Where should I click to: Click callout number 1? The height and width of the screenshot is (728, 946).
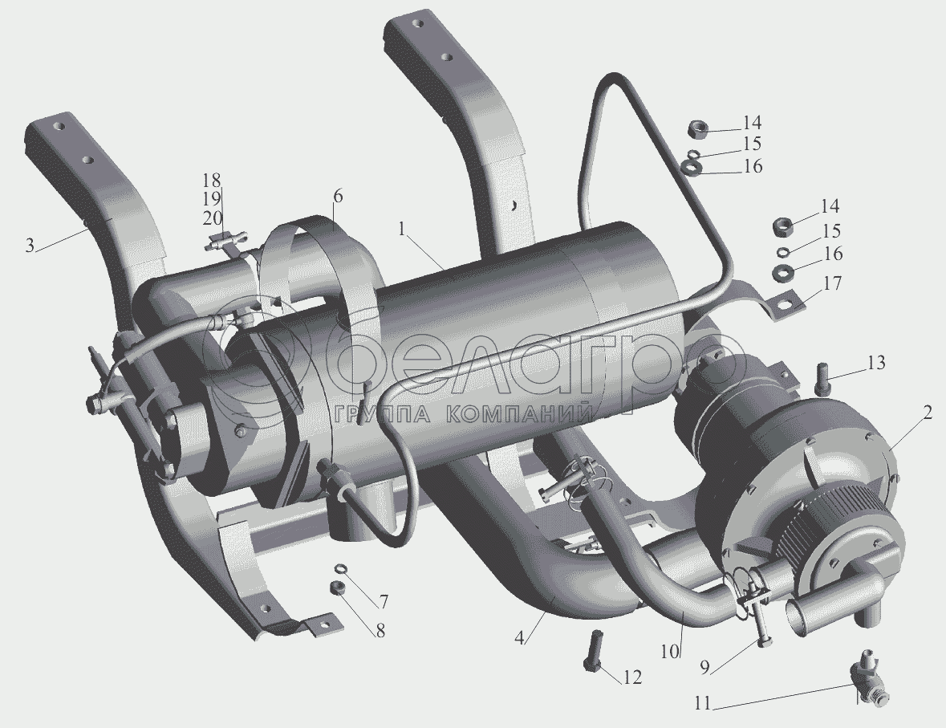coord(404,230)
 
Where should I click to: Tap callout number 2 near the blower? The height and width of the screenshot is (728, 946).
coord(928,413)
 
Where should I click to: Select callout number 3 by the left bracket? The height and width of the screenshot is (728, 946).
coord(30,246)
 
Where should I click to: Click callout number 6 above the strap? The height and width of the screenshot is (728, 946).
coord(337,196)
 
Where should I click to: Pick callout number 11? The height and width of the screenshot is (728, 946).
coord(703,704)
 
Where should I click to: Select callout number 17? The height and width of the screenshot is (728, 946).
coord(832,283)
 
